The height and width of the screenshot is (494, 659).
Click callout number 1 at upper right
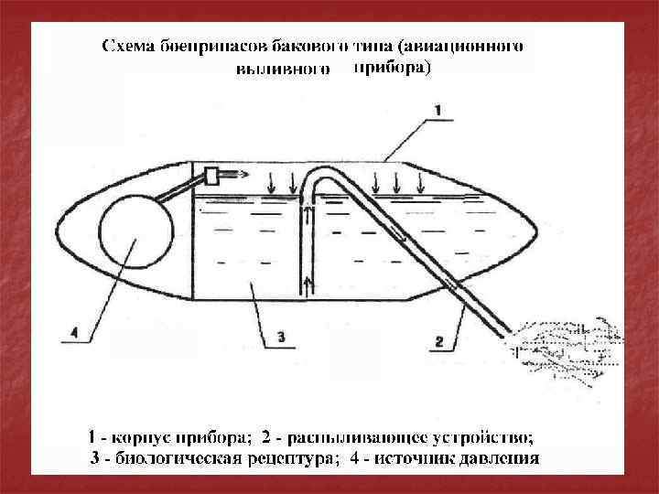pos(437,110)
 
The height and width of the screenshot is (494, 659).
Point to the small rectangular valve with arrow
pos(217,175)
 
